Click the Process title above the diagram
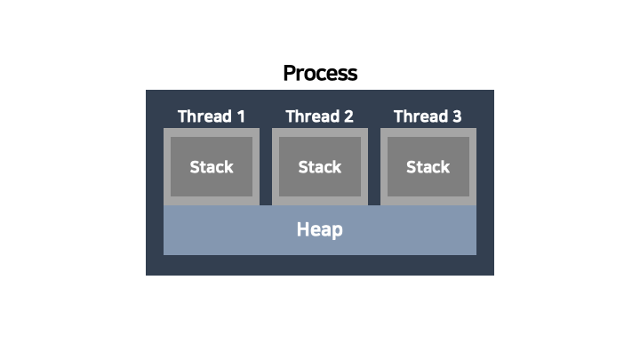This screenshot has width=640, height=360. [x=320, y=73]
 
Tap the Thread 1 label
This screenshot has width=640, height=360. [x=212, y=116]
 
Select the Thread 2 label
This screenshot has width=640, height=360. [x=320, y=116]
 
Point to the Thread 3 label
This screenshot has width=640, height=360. [x=428, y=116]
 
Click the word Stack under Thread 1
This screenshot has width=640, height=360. [x=212, y=167]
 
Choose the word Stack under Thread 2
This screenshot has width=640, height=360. [x=320, y=167]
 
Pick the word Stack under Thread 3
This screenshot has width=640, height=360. [x=428, y=167]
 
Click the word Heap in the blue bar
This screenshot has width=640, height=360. [x=320, y=230]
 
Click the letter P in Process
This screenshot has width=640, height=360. [x=289, y=73]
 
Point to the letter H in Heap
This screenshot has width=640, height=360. [x=302, y=230]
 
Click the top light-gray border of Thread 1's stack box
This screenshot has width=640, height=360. [x=212, y=132]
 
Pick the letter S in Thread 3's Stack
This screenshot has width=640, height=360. [x=411, y=167]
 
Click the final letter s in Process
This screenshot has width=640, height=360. [x=353, y=74]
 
